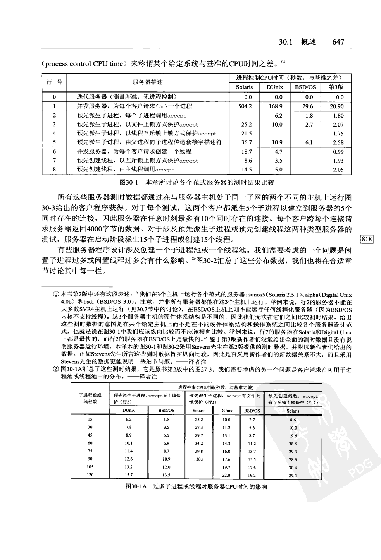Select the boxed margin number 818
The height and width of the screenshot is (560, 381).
[x=367, y=239]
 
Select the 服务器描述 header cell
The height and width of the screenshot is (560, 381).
[x=148, y=82]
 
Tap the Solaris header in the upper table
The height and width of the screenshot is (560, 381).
[x=245, y=87]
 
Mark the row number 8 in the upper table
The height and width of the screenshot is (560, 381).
[x=55, y=170]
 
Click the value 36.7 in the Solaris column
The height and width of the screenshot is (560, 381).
[x=247, y=142]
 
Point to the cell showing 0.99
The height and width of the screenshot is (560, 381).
[x=338, y=152]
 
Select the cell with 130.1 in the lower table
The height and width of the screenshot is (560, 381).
[x=199, y=459]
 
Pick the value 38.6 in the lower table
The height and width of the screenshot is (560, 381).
[x=293, y=444]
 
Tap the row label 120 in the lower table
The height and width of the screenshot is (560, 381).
[x=90, y=475]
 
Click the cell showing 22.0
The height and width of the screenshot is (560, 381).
[x=226, y=476]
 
